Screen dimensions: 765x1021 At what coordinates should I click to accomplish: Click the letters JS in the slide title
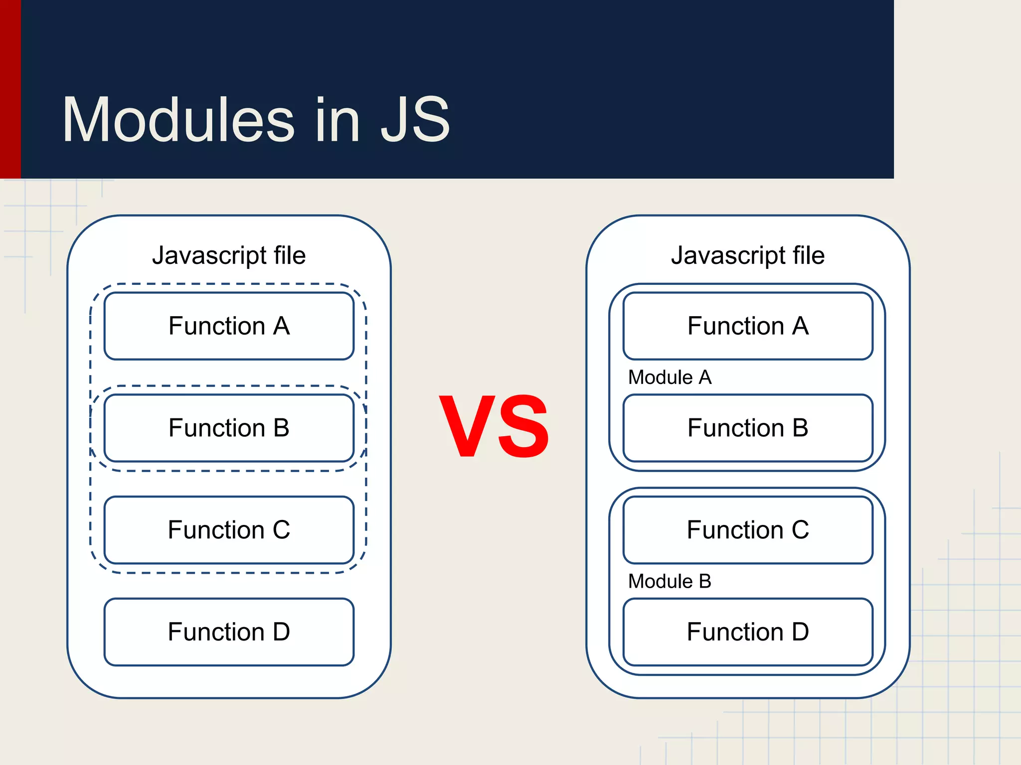pyautogui.click(x=415, y=120)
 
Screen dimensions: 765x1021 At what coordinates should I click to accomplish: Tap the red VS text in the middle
pyautogui.click(x=494, y=426)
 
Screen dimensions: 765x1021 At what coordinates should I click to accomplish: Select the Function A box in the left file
pyautogui.click(x=229, y=326)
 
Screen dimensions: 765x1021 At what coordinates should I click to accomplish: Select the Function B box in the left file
pyautogui.click(x=229, y=428)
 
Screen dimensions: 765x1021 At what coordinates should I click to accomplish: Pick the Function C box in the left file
pyautogui.click(x=229, y=530)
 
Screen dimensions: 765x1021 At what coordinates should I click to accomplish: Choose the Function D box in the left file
pyautogui.click(x=229, y=632)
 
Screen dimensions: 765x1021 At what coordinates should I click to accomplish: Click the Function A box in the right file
pyautogui.click(x=748, y=326)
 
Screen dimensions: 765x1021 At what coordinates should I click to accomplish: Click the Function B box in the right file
pyautogui.click(x=748, y=428)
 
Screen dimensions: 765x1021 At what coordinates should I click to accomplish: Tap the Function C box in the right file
pyautogui.click(x=748, y=530)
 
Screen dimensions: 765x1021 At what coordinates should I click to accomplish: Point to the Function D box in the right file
pyautogui.click(x=748, y=632)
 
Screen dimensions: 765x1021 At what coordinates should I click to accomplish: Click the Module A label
pyautogui.click(x=670, y=378)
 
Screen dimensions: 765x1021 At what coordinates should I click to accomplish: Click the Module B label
pyautogui.click(x=670, y=581)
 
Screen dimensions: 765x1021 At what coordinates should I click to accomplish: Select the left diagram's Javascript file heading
pyautogui.click(x=229, y=255)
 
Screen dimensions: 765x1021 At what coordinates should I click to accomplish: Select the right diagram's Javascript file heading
pyautogui.click(x=748, y=255)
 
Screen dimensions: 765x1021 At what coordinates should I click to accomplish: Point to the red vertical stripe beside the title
pyautogui.click(x=10, y=89)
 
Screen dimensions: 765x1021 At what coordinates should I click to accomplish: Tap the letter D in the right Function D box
pyautogui.click(x=800, y=632)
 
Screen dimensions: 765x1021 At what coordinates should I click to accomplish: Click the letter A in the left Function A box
pyautogui.click(x=281, y=326)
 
